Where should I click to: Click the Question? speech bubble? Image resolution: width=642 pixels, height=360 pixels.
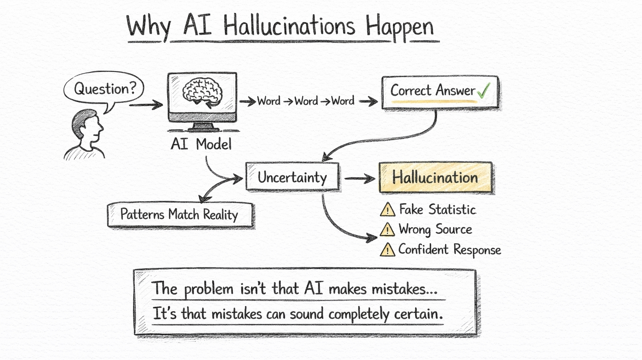click(x=104, y=89)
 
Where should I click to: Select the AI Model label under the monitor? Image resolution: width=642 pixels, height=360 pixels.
click(x=201, y=144)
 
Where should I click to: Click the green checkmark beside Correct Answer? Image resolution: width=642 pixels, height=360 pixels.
click(x=484, y=90)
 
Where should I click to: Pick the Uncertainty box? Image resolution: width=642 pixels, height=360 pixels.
click(x=292, y=177)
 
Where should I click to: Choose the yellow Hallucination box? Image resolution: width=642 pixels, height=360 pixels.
click(x=435, y=178)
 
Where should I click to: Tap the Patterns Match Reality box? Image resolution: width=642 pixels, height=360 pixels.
click(x=180, y=215)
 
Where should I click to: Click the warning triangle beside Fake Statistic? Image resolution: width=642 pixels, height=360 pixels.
click(x=387, y=209)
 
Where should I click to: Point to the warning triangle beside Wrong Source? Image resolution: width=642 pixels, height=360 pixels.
click(x=387, y=230)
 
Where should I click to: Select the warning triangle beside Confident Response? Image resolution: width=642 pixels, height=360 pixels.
click(x=387, y=250)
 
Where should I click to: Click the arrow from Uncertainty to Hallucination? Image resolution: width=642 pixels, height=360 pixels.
click(x=359, y=179)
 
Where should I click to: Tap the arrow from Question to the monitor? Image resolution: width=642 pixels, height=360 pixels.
click(x=146, y=104)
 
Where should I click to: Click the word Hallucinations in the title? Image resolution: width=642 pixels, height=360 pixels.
click(x=289, y=26)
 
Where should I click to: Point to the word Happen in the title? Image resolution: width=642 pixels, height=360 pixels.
click(x=400, y=27)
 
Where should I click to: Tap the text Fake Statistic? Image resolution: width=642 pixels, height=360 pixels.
click(x=437, y=209)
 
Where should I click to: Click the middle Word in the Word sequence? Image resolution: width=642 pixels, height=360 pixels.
click(x=306, y=101)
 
